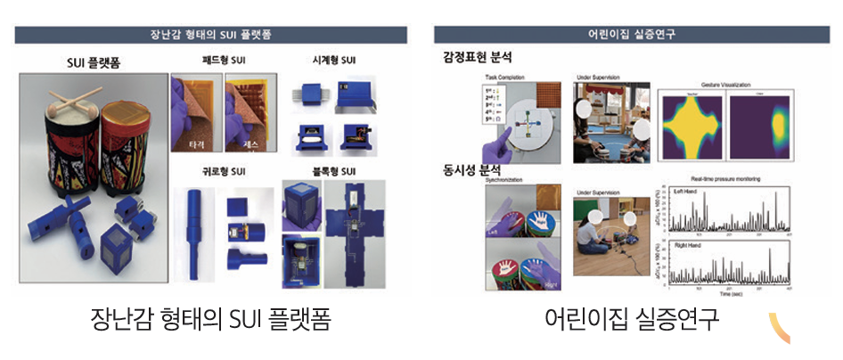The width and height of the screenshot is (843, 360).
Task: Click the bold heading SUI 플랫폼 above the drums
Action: tap(94, 64)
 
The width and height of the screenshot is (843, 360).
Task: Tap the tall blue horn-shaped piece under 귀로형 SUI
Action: tap(193, 233)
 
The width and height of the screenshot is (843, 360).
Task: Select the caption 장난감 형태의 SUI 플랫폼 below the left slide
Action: tap(211, 318)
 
